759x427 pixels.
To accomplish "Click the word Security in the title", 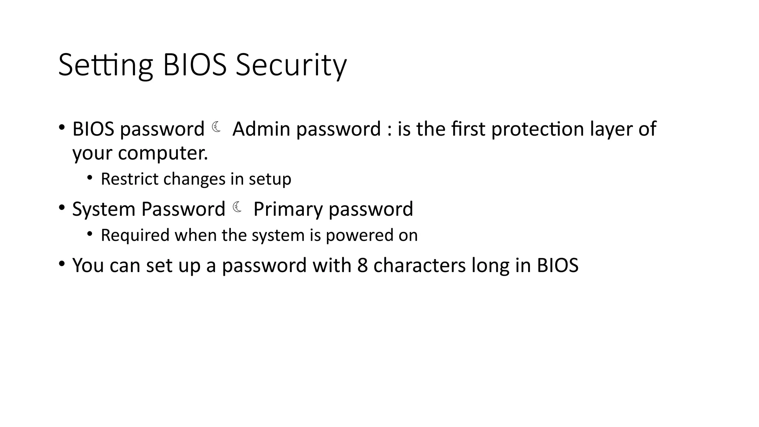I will pos(291,66).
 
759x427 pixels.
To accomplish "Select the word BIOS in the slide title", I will pos(195,66).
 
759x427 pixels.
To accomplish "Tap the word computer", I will pos(163,153).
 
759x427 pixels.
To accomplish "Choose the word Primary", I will pos(288,209).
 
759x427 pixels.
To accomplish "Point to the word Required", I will pos(135,235).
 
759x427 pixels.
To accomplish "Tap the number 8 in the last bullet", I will pos(362,265).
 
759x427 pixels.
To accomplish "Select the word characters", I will pos(419,265).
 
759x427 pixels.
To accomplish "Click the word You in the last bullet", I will pos(88,265).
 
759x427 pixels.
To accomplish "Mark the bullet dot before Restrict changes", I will pos(89,178).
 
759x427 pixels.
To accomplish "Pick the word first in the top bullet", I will pos(468,129).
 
